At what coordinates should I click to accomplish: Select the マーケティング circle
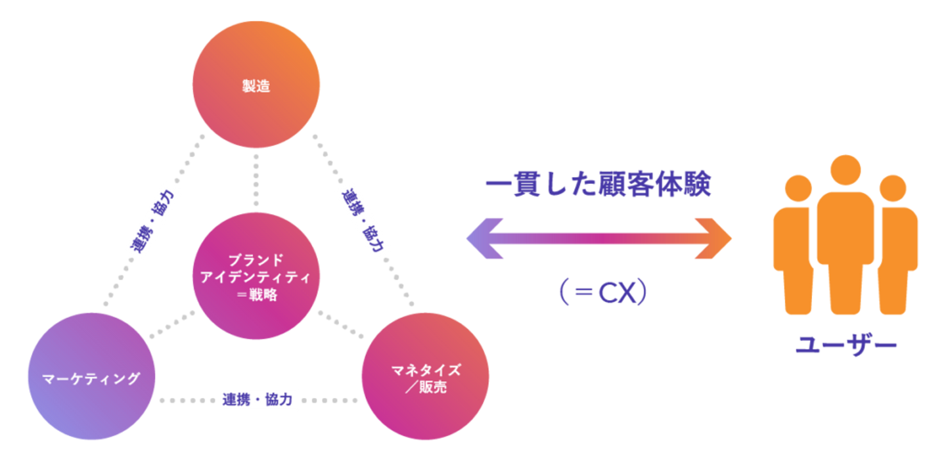coord(91,378)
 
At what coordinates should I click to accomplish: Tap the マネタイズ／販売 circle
coord(425,378)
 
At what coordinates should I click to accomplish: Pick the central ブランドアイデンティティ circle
coord(256,276)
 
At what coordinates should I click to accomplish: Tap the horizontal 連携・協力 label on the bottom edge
coord(258,400)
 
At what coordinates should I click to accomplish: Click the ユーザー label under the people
coord(845,345)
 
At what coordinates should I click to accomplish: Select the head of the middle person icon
coord(845,169)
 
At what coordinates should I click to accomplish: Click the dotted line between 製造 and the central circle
coord(256,181)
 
